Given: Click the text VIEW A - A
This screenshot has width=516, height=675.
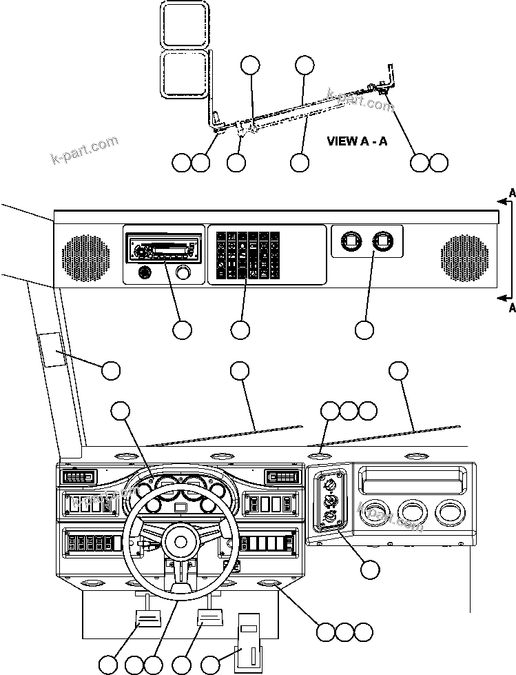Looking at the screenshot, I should [357, 141].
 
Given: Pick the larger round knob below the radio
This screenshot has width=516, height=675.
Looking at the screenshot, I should [183, 273].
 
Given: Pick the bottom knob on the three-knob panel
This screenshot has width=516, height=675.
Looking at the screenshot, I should [330, 518].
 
